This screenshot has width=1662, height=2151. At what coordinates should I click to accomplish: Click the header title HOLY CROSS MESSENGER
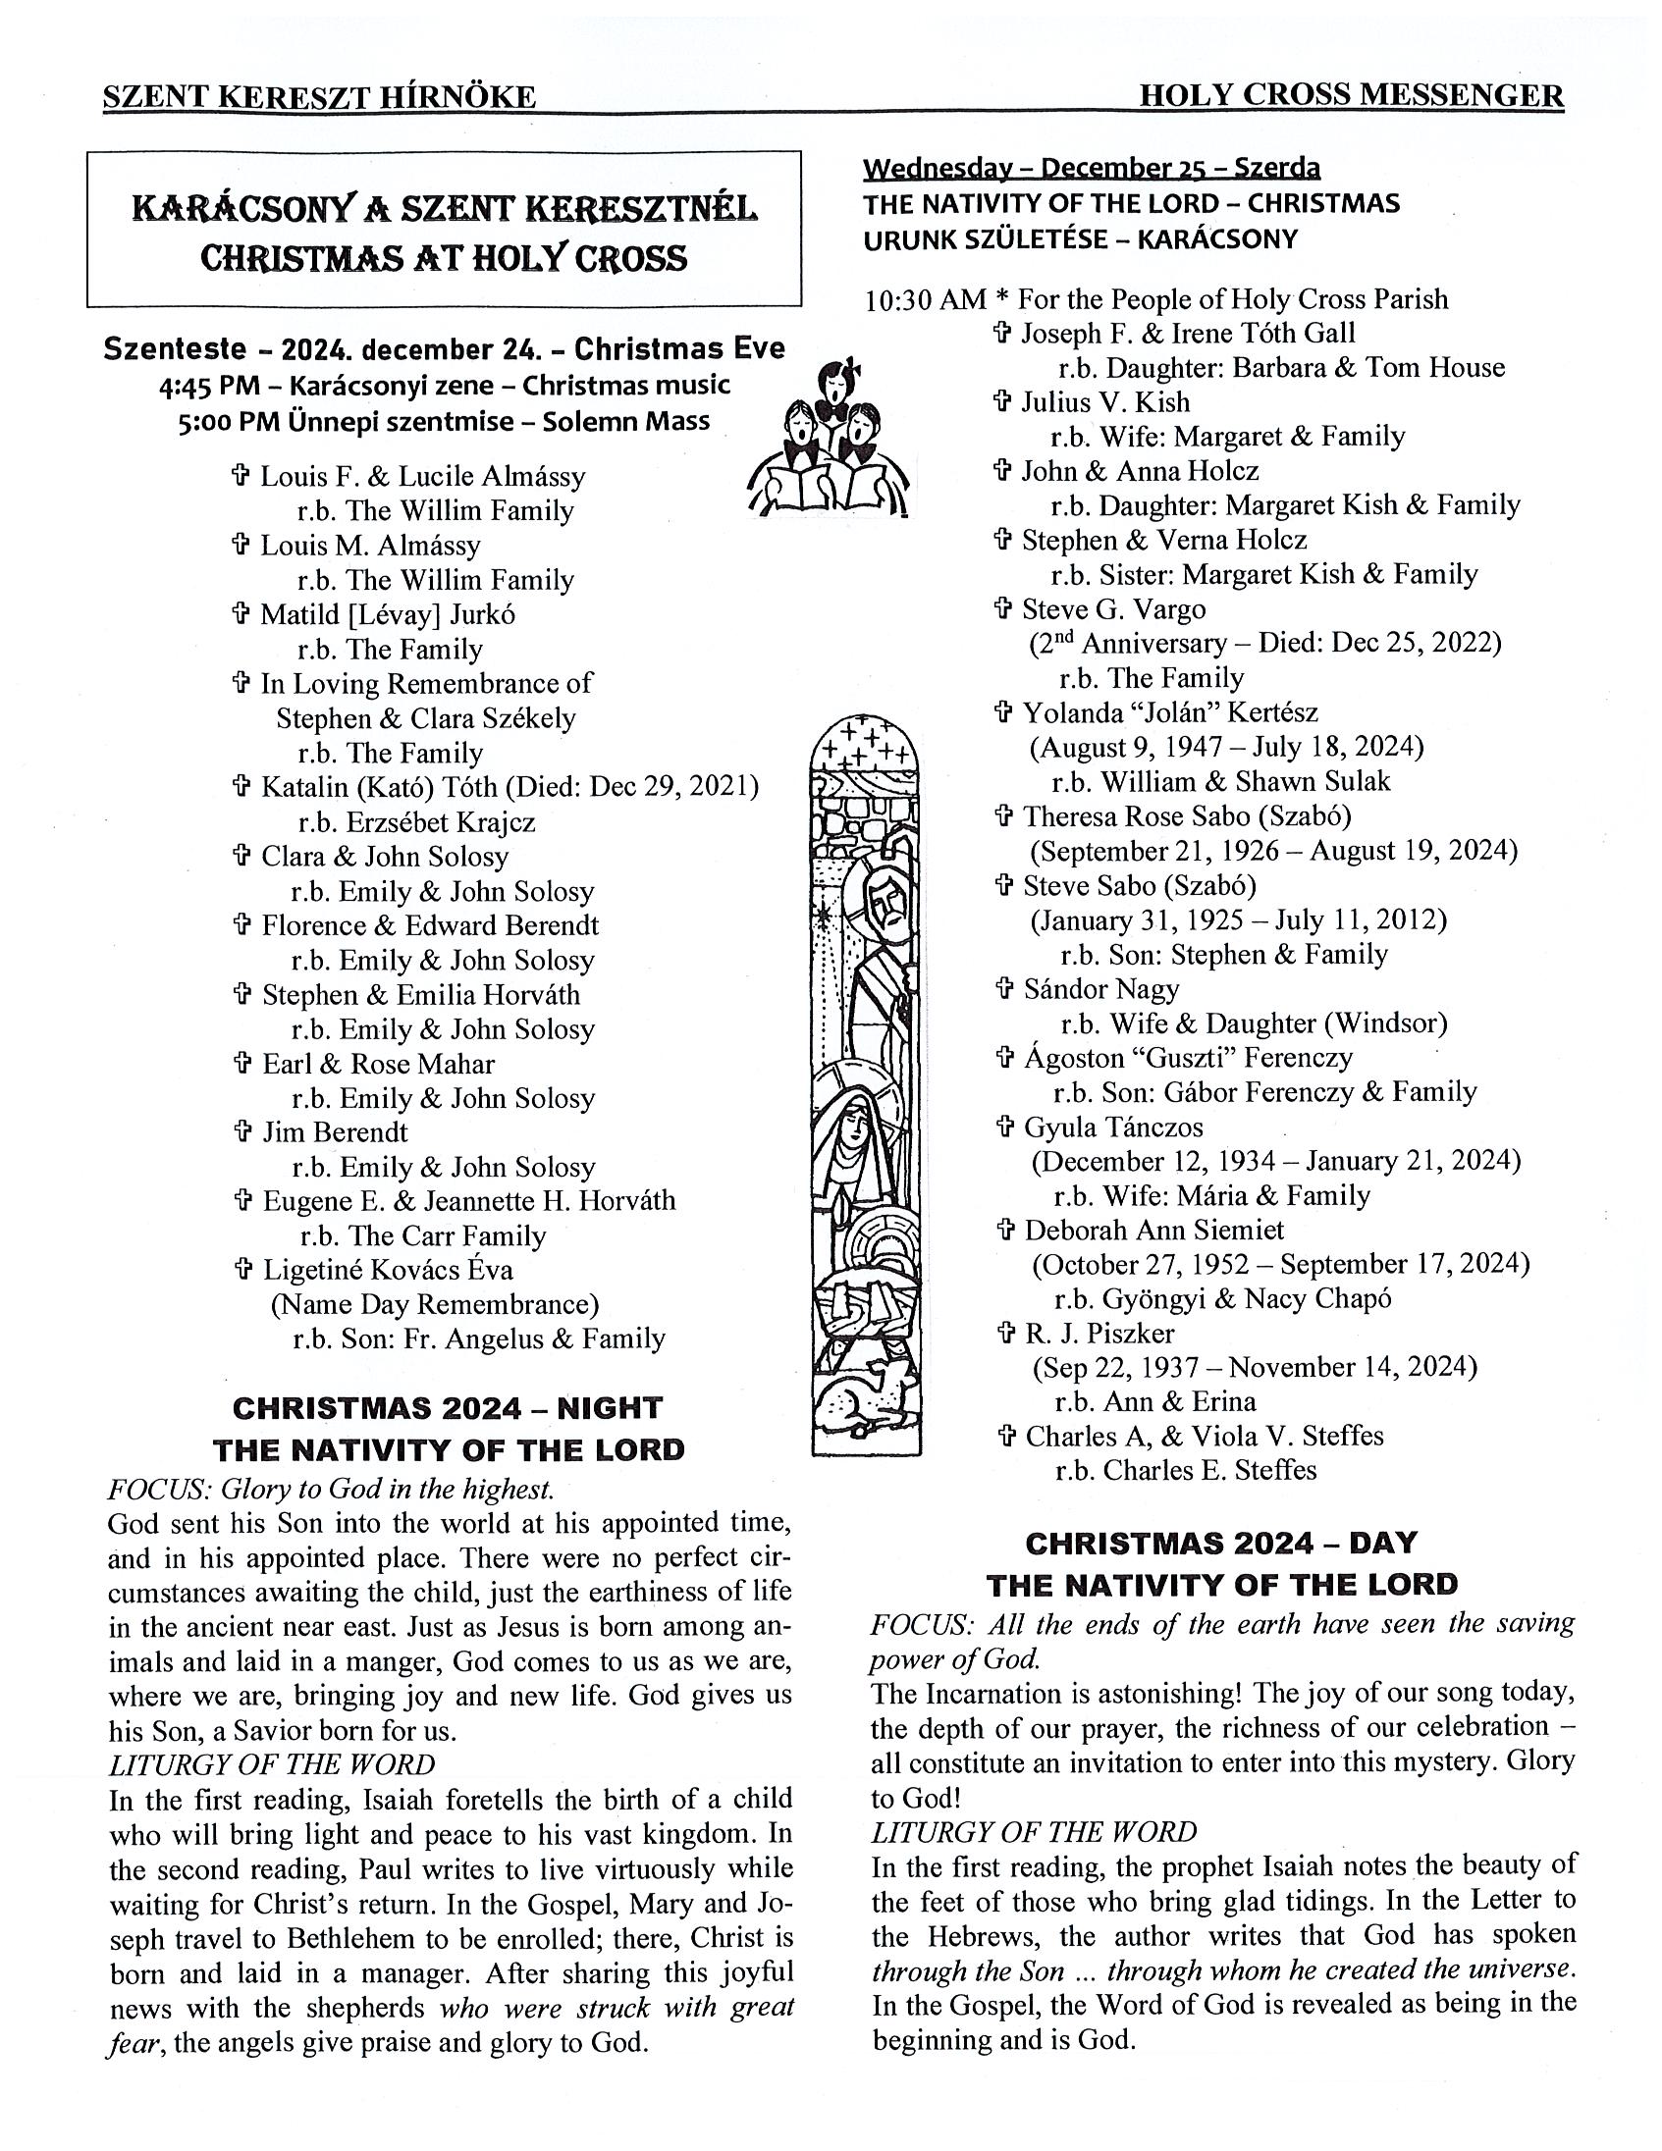pos(1351,95)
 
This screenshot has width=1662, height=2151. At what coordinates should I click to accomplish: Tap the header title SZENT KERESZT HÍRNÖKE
pos(319,96)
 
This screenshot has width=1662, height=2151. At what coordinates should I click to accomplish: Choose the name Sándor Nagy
pos(1100,988)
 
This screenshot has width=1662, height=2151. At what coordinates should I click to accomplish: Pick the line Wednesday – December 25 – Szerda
pos(1091,169)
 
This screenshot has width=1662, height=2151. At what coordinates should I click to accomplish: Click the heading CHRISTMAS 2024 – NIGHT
pos(448,1407)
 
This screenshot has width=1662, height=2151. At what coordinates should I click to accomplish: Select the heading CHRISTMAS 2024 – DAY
pos(1220,1543)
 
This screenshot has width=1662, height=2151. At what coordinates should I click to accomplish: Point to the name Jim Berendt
pos(335,1131)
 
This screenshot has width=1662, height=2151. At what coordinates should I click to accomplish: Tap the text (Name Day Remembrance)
pos(435,1304)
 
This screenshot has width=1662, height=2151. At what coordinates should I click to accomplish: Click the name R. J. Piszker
pos(1099,1333)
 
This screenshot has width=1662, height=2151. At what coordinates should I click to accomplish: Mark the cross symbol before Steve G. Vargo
pos(1004,608)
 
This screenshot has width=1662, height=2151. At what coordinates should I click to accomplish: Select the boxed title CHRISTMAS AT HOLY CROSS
pos(444,258)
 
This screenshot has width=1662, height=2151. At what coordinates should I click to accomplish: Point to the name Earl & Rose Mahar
pos(377,1063)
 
